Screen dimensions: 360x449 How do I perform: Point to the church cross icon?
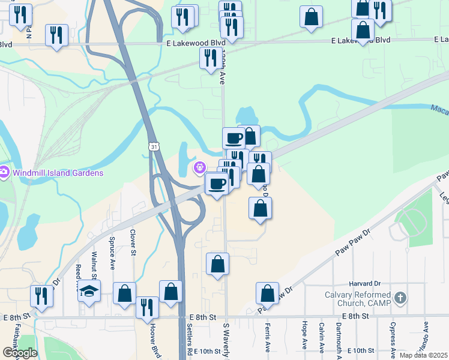[x=400, y=298]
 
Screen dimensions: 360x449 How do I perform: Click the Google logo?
[x=19, y=353]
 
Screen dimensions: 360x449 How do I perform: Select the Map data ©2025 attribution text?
[x=423, y=355]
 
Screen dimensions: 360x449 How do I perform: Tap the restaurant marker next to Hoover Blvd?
[x=146, y=307]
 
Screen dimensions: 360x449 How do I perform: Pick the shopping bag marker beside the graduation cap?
[x=124, y=294]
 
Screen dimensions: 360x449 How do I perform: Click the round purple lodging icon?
[x=199, y=168]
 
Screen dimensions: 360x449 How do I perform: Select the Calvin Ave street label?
[x=322, y=338]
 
